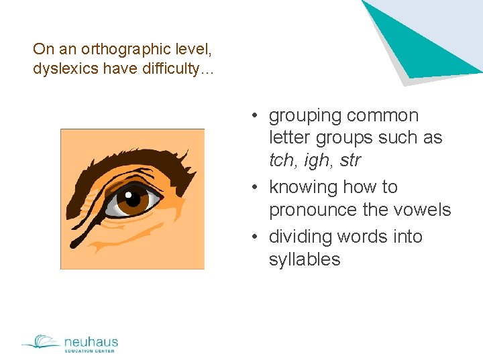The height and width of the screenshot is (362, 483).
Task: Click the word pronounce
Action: pyautogui.click(x=313, y=210)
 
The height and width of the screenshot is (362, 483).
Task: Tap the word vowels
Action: pyautogui.click(x=425, y=210)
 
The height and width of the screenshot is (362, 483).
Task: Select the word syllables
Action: pyautogui.click(x=305, y=259)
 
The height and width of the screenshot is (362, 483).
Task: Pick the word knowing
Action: pyautogui.click(x=302, y=187)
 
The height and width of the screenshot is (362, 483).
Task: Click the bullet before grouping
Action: pyautogui.click(x=256, y=116)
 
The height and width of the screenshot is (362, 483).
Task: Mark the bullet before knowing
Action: pyautogui.click(x=256, y=187)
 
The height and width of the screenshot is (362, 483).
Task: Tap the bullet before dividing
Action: pyautogui.click(x=256, y=237)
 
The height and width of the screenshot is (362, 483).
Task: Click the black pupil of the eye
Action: pyautogui.click(x=133, y=200)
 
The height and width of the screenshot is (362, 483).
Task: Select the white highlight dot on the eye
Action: pyautogui.click(x=128, y=195)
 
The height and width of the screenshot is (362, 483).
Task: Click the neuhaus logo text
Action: pyautogui.click(x=91, y=342)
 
